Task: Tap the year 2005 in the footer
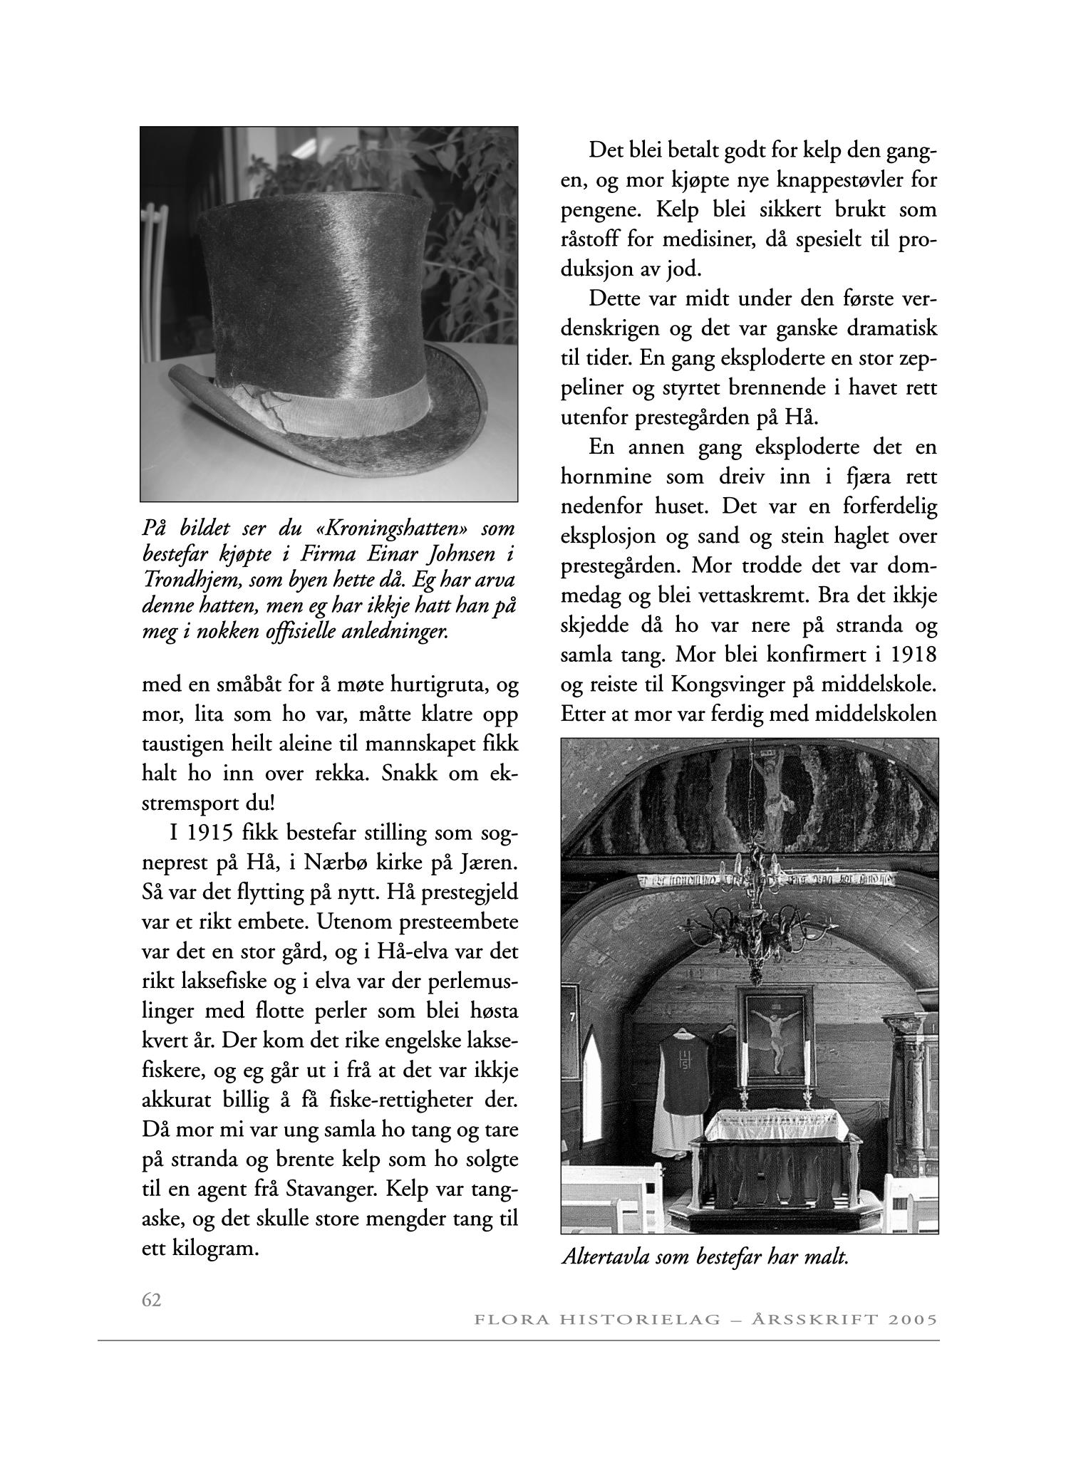pos(911,1320)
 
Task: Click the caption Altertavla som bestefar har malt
pos(705,1256)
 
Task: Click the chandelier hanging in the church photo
pos(750,919)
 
